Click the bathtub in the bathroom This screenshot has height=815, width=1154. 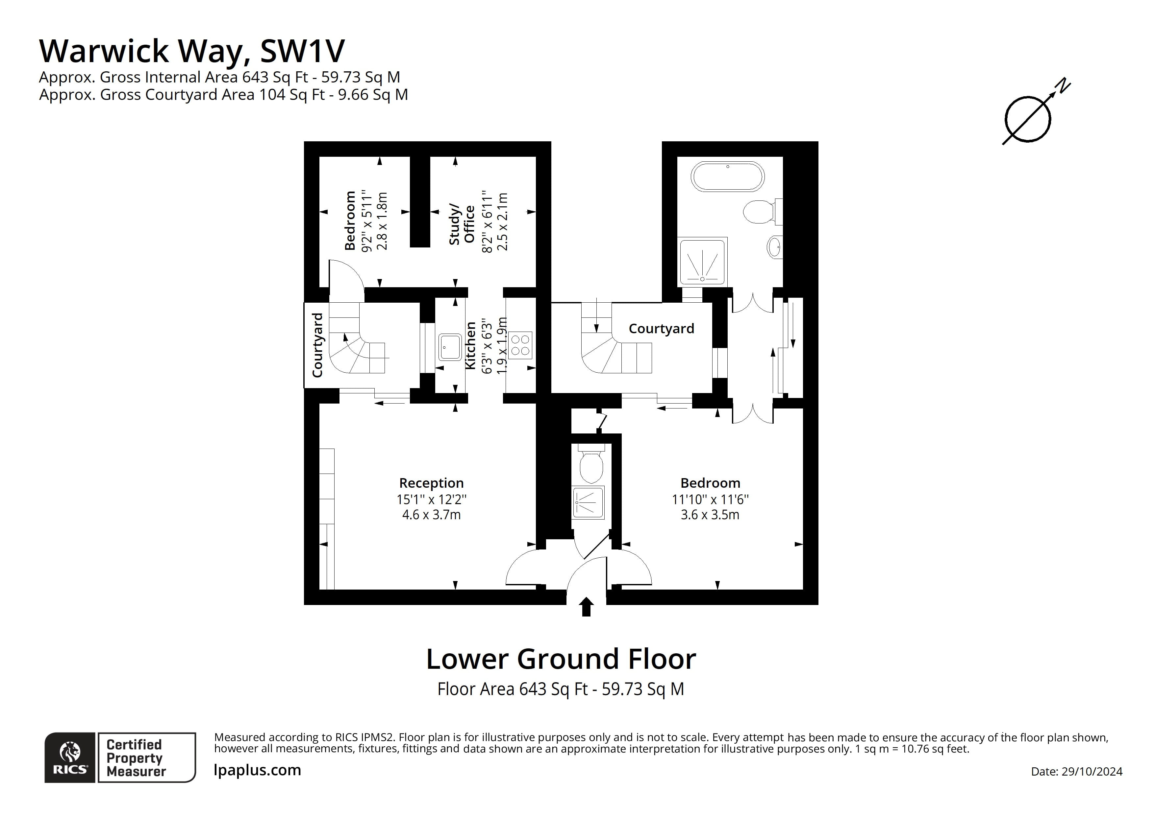click(x=727, y=176)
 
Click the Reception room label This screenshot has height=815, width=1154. click(x=431, y=483)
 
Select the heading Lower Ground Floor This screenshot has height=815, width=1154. click(x=561, y=659)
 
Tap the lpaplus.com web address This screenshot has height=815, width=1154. click(x=257, y=770)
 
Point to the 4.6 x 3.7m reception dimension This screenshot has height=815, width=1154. click(x=431, y=515)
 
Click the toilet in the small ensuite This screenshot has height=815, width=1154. click(x=591, y=465)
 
